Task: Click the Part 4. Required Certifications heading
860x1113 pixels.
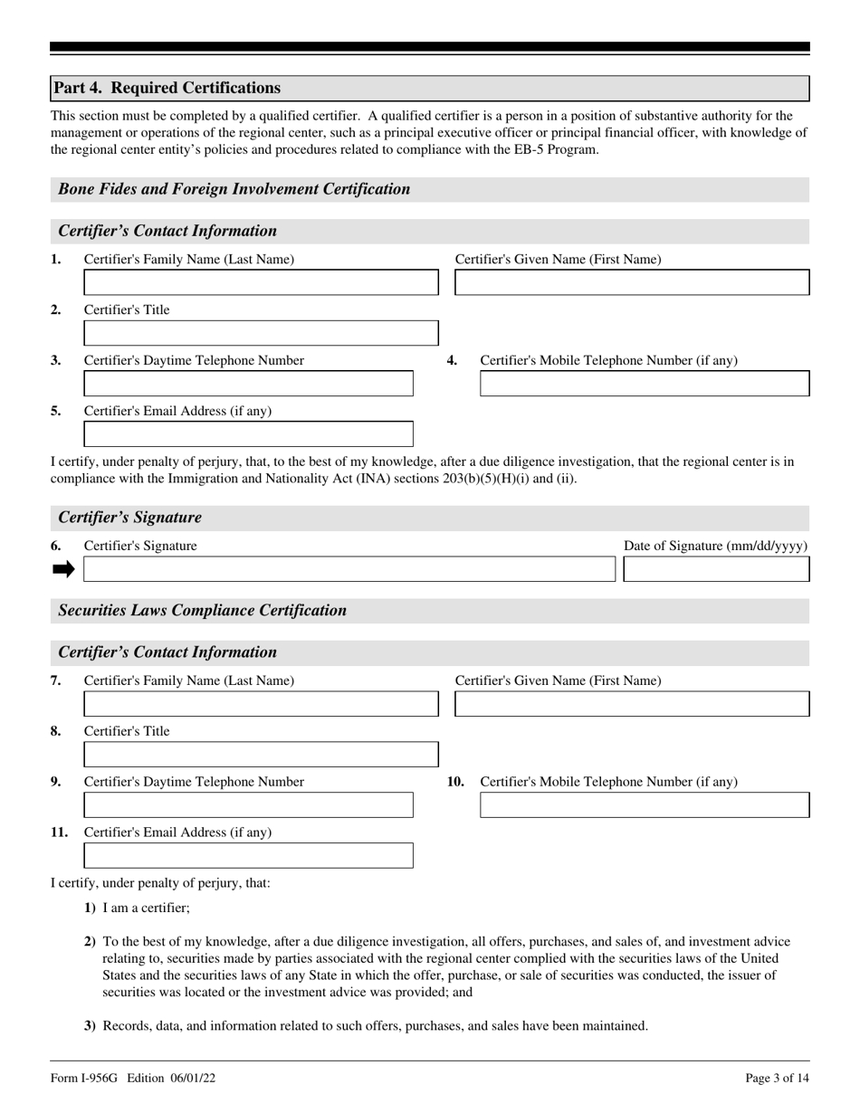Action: coord(167,88)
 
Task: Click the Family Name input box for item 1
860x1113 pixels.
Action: coord(261,282)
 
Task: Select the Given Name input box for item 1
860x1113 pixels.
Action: coord(631,282)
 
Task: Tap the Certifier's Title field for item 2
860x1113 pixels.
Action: coord(261,333)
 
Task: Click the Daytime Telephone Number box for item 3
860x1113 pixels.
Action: coord(248,384)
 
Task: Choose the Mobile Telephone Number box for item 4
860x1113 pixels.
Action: coord(644,384)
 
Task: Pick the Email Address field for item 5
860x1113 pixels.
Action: coord(248,434)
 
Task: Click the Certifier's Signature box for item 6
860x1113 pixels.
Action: coord(349,569)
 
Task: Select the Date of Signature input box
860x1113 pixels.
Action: coord(716,569)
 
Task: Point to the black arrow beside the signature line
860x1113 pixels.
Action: coord(63,569)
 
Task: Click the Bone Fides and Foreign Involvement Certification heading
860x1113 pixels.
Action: coord(234,189)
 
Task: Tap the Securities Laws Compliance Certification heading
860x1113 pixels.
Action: coord(202,610)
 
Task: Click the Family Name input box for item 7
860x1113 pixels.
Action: coord(261,704)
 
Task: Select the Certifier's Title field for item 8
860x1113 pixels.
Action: coord(261,755)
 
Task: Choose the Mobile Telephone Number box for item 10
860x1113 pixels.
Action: coord(644,805)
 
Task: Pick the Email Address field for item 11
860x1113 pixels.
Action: coord(248,856)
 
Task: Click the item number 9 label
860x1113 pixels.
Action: coord(56,782)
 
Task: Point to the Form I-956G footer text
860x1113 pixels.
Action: coord(133,1078)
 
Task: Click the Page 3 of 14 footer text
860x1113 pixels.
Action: coord(777,1078)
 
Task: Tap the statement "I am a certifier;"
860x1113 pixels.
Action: coord(146,908)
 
